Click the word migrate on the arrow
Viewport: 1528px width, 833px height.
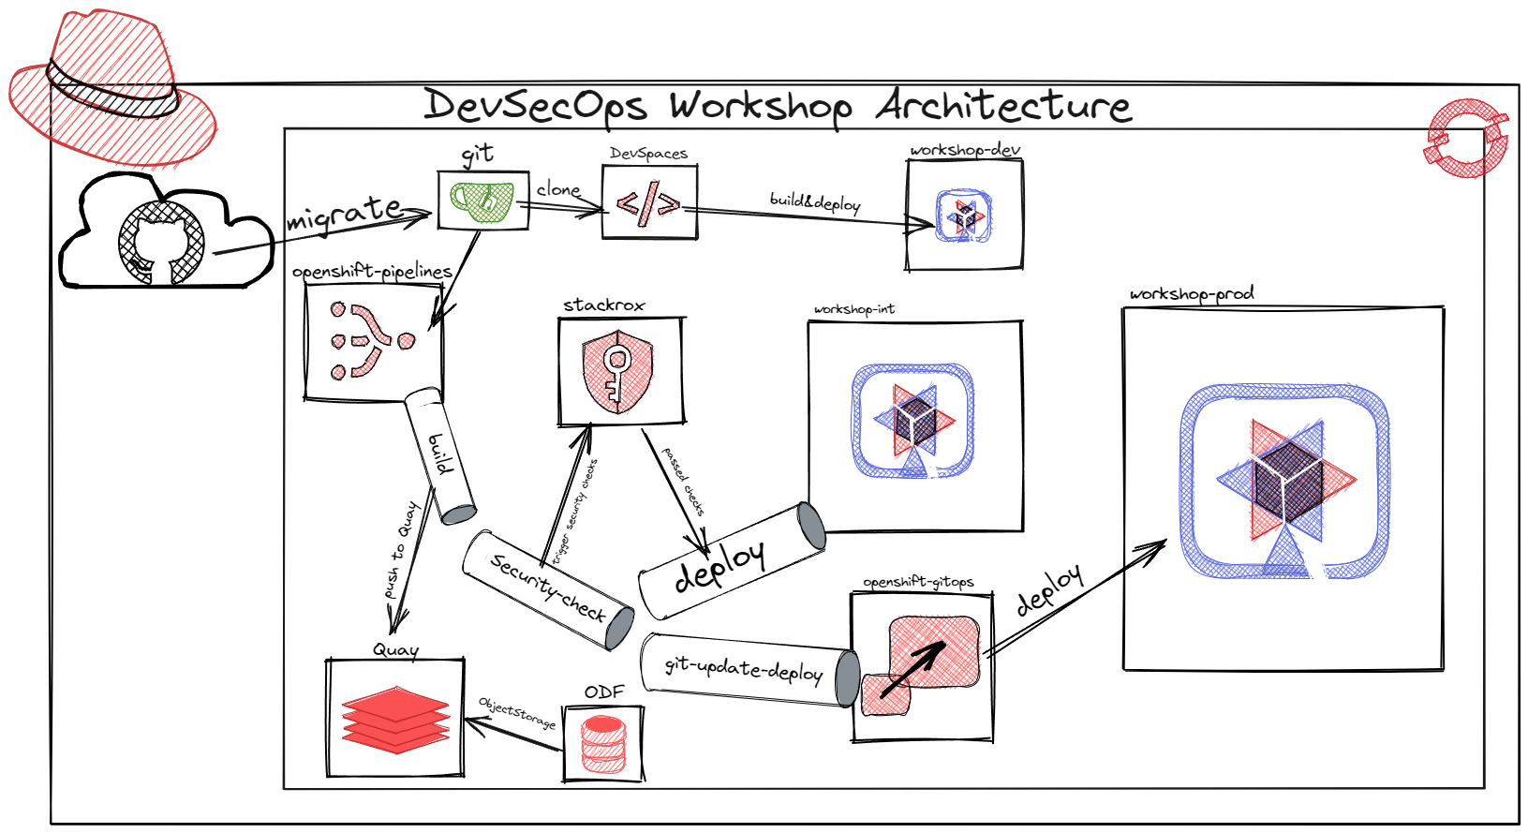click(x=344, y=214)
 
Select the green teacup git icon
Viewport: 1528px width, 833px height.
click(x=482, y=201)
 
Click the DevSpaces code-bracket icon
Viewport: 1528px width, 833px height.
click(x=648, y=203)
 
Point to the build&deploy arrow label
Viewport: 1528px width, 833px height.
click(x=814, y=201)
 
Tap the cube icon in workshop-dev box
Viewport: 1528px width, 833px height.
click(x=965, y=216)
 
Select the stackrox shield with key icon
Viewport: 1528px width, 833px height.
click(x=617, y=370)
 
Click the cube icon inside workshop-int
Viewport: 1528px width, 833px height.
click(x=913, y=421)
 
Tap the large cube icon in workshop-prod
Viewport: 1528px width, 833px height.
click(x=1285, y=481)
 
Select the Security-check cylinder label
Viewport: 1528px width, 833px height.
click(x=548, y=588)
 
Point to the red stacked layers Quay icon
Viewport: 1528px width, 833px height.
click(x=395, y=719)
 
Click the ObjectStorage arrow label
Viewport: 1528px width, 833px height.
click(x=516, y=712)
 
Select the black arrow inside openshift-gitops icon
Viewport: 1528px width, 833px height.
click(x=913, y=668)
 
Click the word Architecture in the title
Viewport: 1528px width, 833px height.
click(x=1003, y=106)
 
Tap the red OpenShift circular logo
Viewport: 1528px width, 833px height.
click(x=1466, y=139)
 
